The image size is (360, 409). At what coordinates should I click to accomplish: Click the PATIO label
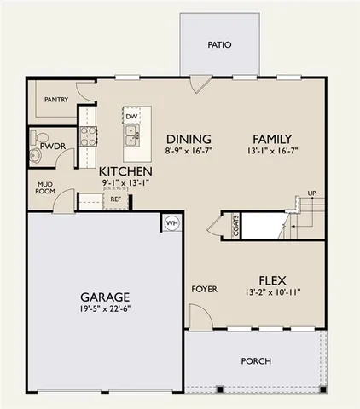(220, 44)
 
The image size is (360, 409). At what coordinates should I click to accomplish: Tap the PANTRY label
(55, 100)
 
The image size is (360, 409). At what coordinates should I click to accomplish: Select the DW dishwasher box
(131, 116)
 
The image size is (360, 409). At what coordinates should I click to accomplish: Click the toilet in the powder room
(36, 156)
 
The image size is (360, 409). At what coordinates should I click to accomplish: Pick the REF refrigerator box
(115, 199)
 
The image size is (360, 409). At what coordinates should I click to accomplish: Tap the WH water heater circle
(171, 223)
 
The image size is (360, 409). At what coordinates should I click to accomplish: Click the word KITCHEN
(125, 170)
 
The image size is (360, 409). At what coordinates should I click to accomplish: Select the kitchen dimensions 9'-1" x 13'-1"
(125, 181)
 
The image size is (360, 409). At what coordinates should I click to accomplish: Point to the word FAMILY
(272, 140)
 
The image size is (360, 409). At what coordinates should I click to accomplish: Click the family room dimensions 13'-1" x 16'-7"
(272, 152)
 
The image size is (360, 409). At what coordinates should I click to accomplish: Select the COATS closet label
(235, 226)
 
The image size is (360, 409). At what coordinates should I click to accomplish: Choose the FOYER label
(203, 290)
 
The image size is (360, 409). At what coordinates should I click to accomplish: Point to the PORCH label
(256, 361)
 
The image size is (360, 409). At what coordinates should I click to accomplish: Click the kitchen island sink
(132, 135)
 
